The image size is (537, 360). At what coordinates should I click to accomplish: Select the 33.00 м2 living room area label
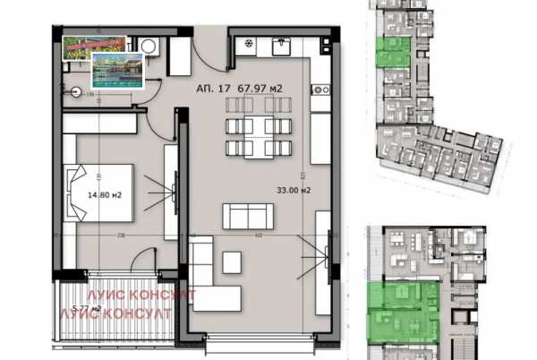point(294,190)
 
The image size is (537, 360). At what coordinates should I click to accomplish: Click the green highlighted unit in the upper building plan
point(391,53)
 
